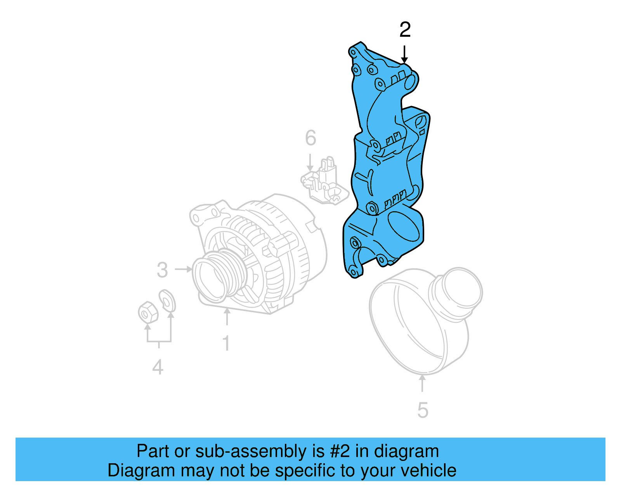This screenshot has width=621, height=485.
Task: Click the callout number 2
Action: (405, 30)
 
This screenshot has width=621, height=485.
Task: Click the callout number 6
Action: (310, 138)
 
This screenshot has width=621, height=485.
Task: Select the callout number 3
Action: (162, 270)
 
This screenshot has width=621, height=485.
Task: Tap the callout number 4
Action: (158, 367)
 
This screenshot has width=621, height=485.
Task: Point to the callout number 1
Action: (226, 344)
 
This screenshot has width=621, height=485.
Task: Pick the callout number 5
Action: (423, 410)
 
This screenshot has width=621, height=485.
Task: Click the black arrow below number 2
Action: (404, 54)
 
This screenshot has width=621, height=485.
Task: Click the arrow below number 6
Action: (310, 162)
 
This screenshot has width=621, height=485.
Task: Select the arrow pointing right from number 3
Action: (184, 269)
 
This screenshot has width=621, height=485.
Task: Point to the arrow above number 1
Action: (227, 316)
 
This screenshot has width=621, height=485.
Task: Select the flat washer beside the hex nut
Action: (167, 301)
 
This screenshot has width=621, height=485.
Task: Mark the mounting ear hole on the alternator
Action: (196, 218)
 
